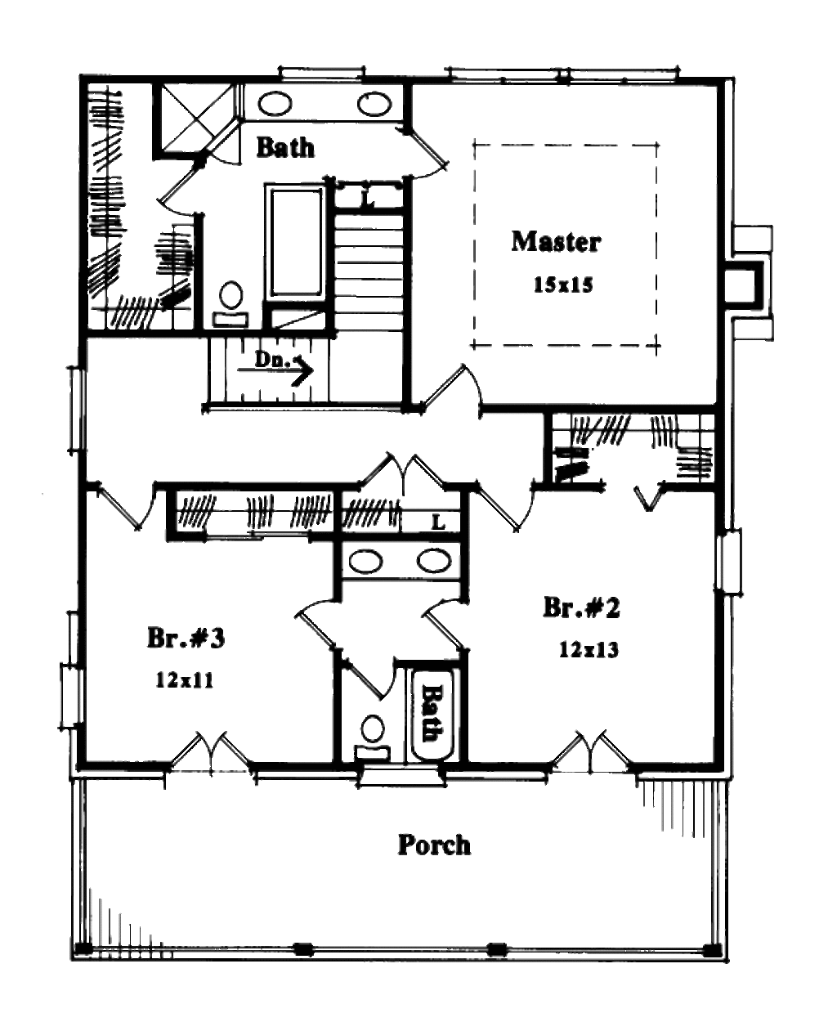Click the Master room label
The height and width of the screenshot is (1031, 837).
(x=556, y=242)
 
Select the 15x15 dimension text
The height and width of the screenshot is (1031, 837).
(x=562, y=285)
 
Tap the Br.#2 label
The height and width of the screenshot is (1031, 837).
(x=582, y=608)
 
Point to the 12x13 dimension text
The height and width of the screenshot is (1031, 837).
(x=589, y=650)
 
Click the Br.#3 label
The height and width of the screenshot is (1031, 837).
(x=186, y=638)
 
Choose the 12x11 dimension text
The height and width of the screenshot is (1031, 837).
(x=185, y=680)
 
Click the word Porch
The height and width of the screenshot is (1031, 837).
(x=434, y=845)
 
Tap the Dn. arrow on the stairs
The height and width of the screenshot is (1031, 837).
(x=283, y=366)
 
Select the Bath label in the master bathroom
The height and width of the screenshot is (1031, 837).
(x=285, y=147)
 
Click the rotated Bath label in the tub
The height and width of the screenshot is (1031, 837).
(x=431, y=712)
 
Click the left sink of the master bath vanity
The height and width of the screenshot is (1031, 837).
(x=275, y=104)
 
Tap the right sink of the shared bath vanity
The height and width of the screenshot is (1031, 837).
(x=434, y=561)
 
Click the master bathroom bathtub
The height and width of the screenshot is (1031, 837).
(x=295, y=241)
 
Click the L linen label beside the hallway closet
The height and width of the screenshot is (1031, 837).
(x=438, y=522)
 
